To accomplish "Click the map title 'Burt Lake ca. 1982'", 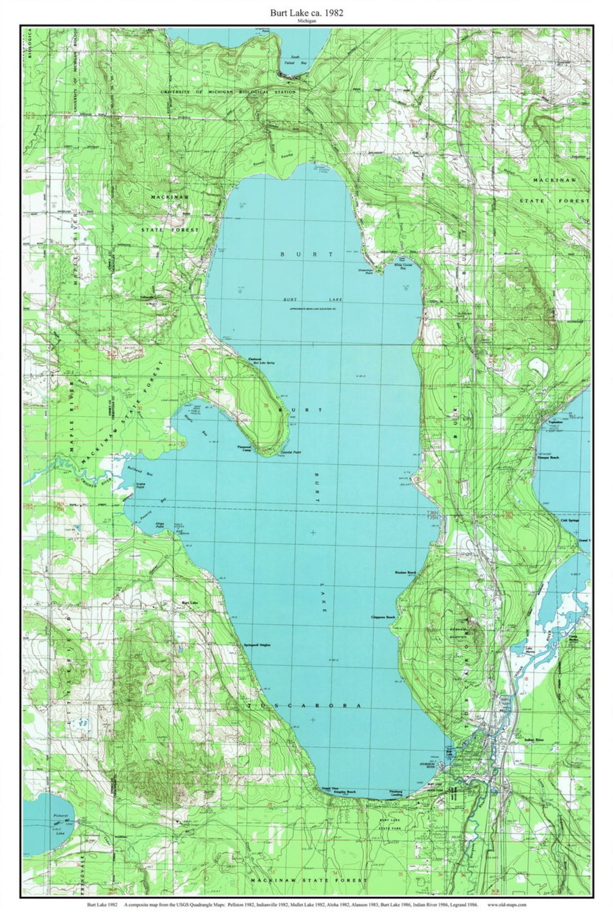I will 306,11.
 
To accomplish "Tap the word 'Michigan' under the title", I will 306,21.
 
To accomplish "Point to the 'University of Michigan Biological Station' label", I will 228,92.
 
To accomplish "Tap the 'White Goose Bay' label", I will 400,266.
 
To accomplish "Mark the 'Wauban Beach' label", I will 405,573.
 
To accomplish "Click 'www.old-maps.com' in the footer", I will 507,905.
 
